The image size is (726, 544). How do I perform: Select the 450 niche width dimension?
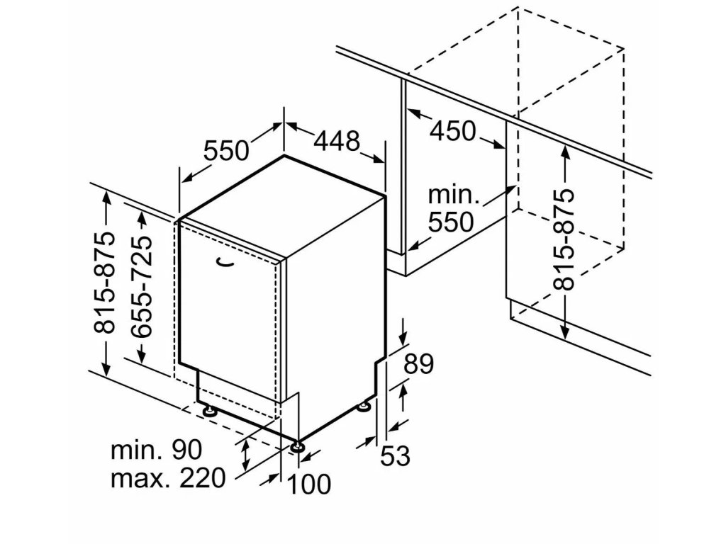coord(454,130)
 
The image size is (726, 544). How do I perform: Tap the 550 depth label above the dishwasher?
coord(227,150)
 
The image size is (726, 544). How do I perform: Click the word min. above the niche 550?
coord(454,195)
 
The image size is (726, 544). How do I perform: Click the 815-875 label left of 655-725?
coord(104,282)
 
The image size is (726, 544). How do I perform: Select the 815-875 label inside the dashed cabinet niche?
coord(564,239)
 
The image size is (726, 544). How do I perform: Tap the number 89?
coord(418,365)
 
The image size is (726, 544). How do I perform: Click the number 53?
coord(396,456)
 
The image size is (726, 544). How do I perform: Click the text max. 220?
coord(167,478)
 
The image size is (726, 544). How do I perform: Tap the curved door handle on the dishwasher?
coord(226,263)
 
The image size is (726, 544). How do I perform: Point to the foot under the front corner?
coord(296,446)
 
